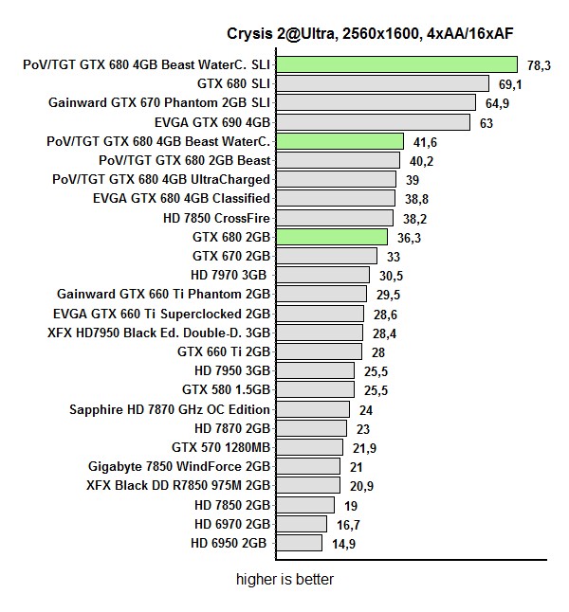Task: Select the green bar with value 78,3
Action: point(395,64)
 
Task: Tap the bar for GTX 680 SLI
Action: point(381,83)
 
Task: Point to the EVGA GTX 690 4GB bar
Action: point(372,121)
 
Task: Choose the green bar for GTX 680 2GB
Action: point(331,237)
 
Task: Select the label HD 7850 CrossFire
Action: point(216,218)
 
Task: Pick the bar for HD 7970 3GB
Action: point(321,275)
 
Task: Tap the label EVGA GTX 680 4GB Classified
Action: point(181,198)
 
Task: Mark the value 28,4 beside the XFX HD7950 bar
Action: point(384,333)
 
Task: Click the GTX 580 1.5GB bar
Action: point(314,389)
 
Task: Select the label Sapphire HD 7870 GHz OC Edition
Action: point(170,409)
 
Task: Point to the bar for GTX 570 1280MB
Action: point(308,447)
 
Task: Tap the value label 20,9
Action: point(361,486)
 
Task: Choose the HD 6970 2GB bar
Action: point(301,524)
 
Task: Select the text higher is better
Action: point(284,579)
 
